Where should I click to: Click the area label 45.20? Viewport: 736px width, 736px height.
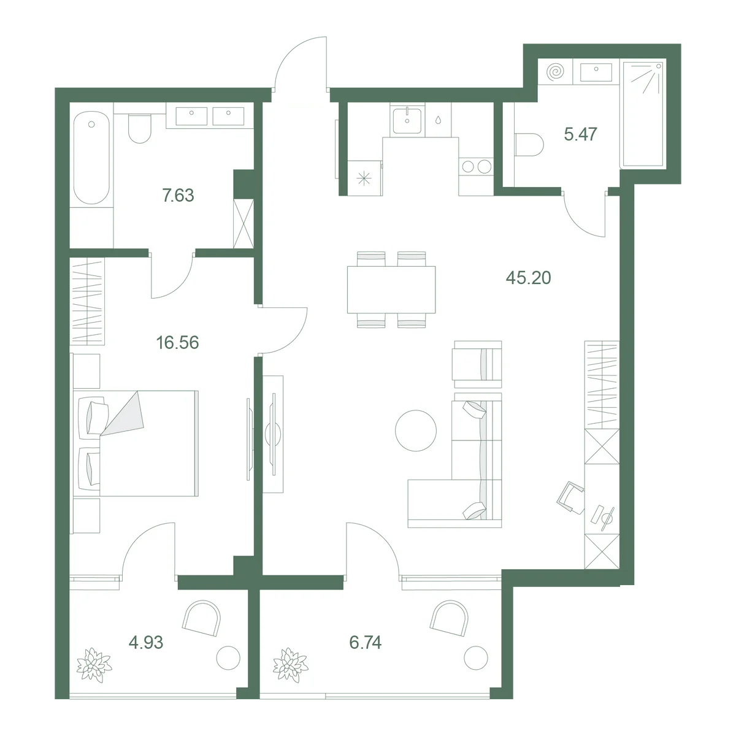[x=528, y=278]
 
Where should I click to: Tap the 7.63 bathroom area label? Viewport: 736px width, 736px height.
[x=178, y=196]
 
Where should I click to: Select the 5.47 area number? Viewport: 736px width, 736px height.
[x=580, y=134]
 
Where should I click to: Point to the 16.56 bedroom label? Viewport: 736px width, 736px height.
[x=178, y=343]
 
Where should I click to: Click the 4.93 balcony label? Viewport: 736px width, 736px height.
[x=146, y=642]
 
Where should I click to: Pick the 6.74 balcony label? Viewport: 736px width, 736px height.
[x=365, y=642]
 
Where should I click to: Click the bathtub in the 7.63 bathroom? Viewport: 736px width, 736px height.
[x=91, y=158]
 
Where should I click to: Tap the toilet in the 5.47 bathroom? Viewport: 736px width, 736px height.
[x=529, y=144]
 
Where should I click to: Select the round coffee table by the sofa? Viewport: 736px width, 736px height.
[x=416, y=431]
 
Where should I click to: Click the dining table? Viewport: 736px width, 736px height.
[x=391, y=290]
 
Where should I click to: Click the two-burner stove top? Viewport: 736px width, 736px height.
[x=477, y=167]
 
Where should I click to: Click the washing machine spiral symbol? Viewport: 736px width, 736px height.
[x=555, y=71]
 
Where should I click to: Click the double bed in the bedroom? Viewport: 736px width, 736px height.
[x=136, y=443]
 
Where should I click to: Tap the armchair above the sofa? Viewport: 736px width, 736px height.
[x=477, y=364]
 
